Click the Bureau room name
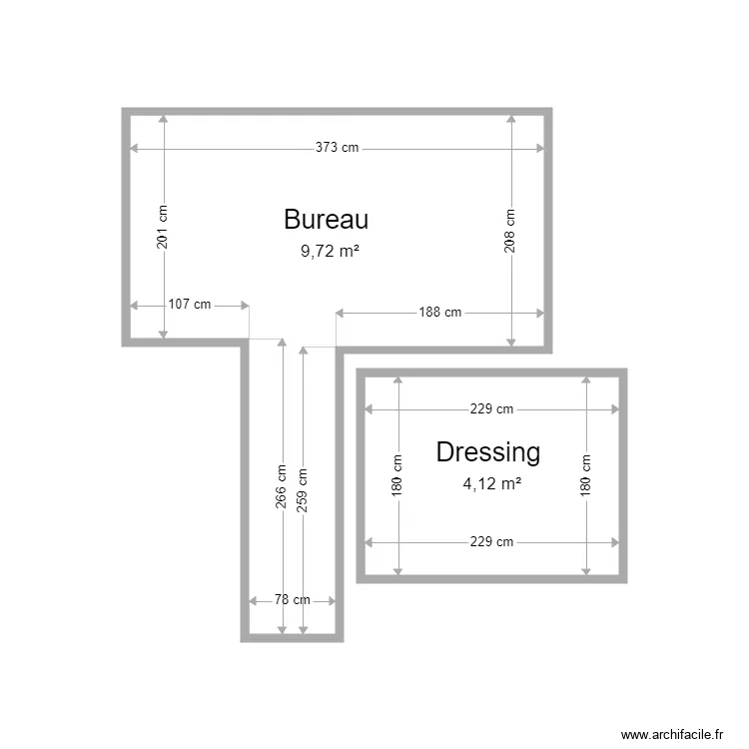pos(327,220)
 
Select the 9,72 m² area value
pos(330,252)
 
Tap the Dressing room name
pos(488,452)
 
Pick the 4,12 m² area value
pos(491,483)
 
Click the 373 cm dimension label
pos(337,148)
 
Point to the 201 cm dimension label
pos(163,227)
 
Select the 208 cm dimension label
pos(510,230)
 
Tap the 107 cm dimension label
pos(190,305)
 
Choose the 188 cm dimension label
pos(439,312)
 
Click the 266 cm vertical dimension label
pos(282,487)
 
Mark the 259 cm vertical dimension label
pos(303,490)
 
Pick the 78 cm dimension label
pos(292,600)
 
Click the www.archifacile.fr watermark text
pos(671,734)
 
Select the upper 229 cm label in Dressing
pos(491,408)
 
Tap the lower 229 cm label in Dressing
pos(491,542)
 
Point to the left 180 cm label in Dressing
pos(397,476)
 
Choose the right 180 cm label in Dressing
pos(586,476)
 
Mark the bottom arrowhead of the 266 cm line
pos(282,629)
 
